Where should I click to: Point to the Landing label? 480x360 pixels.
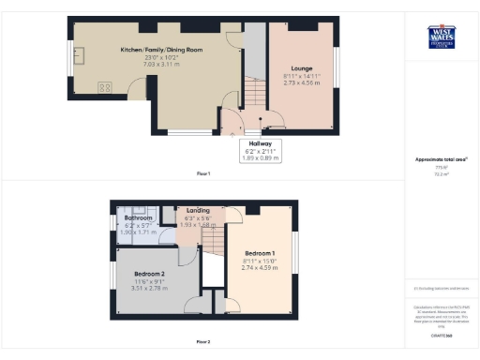tap(198, 211)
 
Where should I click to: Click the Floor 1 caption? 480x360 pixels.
tap(202, 173)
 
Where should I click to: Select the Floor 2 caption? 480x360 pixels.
tap(202, 341)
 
